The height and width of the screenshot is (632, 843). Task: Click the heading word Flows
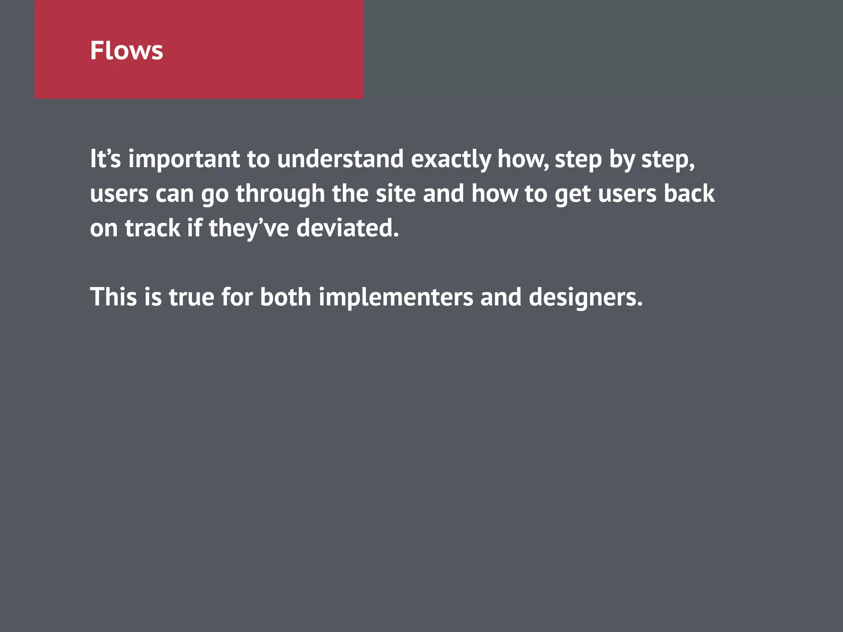pos(126,51)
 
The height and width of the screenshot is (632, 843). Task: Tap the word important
pos(184,159)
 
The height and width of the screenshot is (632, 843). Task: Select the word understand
pos(340,159)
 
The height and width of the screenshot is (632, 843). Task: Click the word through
pos(280,194)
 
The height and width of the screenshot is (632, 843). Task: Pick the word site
pos(396,194)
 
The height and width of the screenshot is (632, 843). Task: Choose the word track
pos(152,228)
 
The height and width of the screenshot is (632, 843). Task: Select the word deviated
pos(347,228)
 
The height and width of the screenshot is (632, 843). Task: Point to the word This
pos(113,297)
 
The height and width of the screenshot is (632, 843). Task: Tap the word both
pos(285,297)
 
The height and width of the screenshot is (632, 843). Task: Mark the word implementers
pos(396,297)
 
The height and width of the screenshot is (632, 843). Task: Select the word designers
pos(585,297)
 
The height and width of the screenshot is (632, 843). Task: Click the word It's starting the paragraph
pos(105,159)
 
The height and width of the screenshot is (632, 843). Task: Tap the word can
pos(175,194)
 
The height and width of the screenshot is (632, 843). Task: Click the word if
pos(195,228)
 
